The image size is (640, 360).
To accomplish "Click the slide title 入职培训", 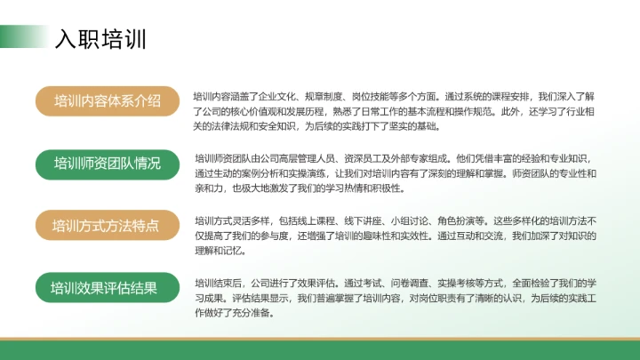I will point(100,39).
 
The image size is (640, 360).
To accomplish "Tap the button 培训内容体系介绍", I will point(107,100).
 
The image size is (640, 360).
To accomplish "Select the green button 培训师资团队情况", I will point(107,164).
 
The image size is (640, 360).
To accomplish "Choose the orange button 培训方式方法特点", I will point(107,226).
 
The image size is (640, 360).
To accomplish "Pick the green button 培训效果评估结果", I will point(107,288).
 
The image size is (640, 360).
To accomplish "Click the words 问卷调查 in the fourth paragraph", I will point(375,283).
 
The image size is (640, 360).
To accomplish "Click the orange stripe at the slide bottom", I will point(320,339).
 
